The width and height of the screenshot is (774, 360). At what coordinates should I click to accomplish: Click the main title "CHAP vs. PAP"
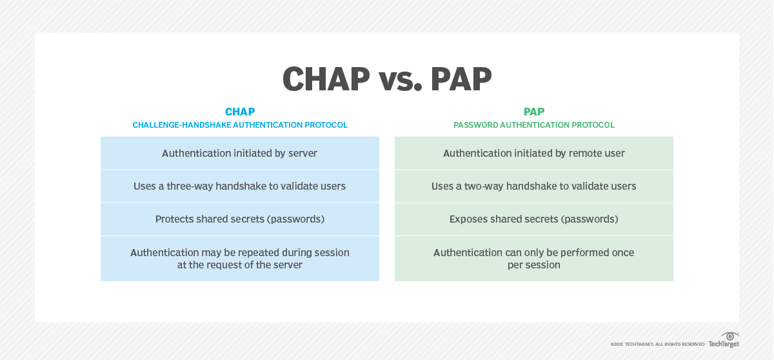[x=387, y=79]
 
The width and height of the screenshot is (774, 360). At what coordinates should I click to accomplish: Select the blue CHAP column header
[x=240, y=112]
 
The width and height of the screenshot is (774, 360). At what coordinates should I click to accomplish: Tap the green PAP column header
[x=534, y=112]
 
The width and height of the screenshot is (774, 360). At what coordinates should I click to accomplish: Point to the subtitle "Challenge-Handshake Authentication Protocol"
[x=240, y=125]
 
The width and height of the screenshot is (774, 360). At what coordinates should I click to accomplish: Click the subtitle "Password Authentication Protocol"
[x=534, y=125]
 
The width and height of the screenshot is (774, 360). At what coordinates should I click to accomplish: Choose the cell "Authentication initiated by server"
[x=240, y=154]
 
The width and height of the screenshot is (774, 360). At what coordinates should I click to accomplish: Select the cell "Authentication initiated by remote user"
[x=534, y=154]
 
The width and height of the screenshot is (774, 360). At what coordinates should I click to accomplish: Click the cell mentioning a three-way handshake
[x=240, y=186]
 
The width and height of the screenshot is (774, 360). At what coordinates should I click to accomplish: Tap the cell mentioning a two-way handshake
[x=534, y=186]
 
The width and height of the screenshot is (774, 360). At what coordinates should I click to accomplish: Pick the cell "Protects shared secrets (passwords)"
[x=240, y=219]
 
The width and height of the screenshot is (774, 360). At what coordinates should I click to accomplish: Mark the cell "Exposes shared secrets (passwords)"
[x=534, y=219]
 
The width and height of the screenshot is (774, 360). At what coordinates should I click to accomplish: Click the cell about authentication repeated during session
[x=240, y=259]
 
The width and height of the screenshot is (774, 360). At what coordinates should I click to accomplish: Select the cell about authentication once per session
[x=534, y=259]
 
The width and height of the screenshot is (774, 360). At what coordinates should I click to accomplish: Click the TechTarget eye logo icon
[x=730, y=337]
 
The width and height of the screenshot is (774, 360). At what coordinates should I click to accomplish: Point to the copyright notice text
[x=657, y=345]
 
